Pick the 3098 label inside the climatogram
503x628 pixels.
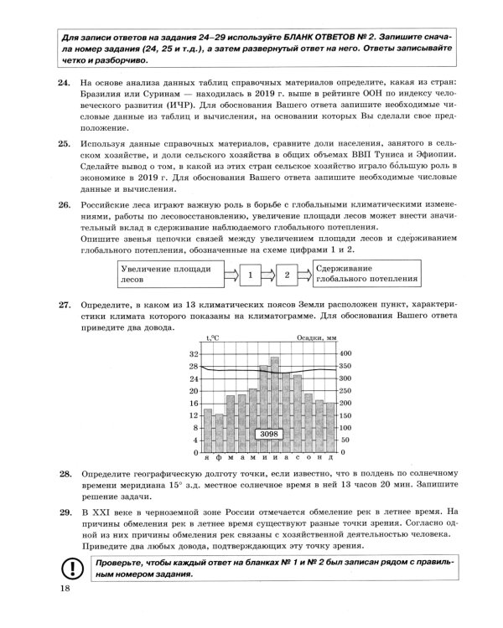268,434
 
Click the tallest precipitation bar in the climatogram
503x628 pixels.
274,402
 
